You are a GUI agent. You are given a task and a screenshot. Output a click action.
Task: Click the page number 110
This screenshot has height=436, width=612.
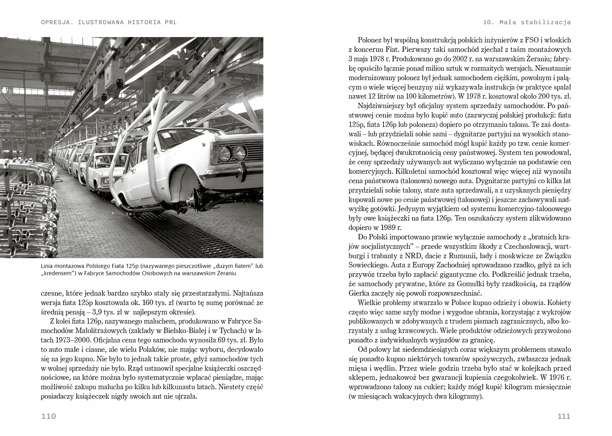point(49,417)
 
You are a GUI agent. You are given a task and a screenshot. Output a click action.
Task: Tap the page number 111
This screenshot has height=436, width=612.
point(564,417)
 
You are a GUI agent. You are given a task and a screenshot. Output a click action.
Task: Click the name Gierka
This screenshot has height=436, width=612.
point(359,293)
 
